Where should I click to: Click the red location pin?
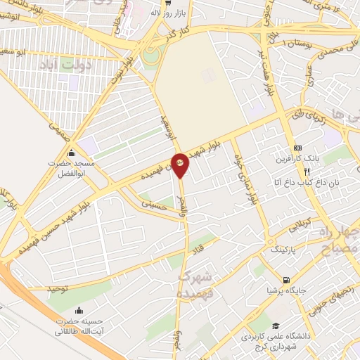180,164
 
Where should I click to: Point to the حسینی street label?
153,205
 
